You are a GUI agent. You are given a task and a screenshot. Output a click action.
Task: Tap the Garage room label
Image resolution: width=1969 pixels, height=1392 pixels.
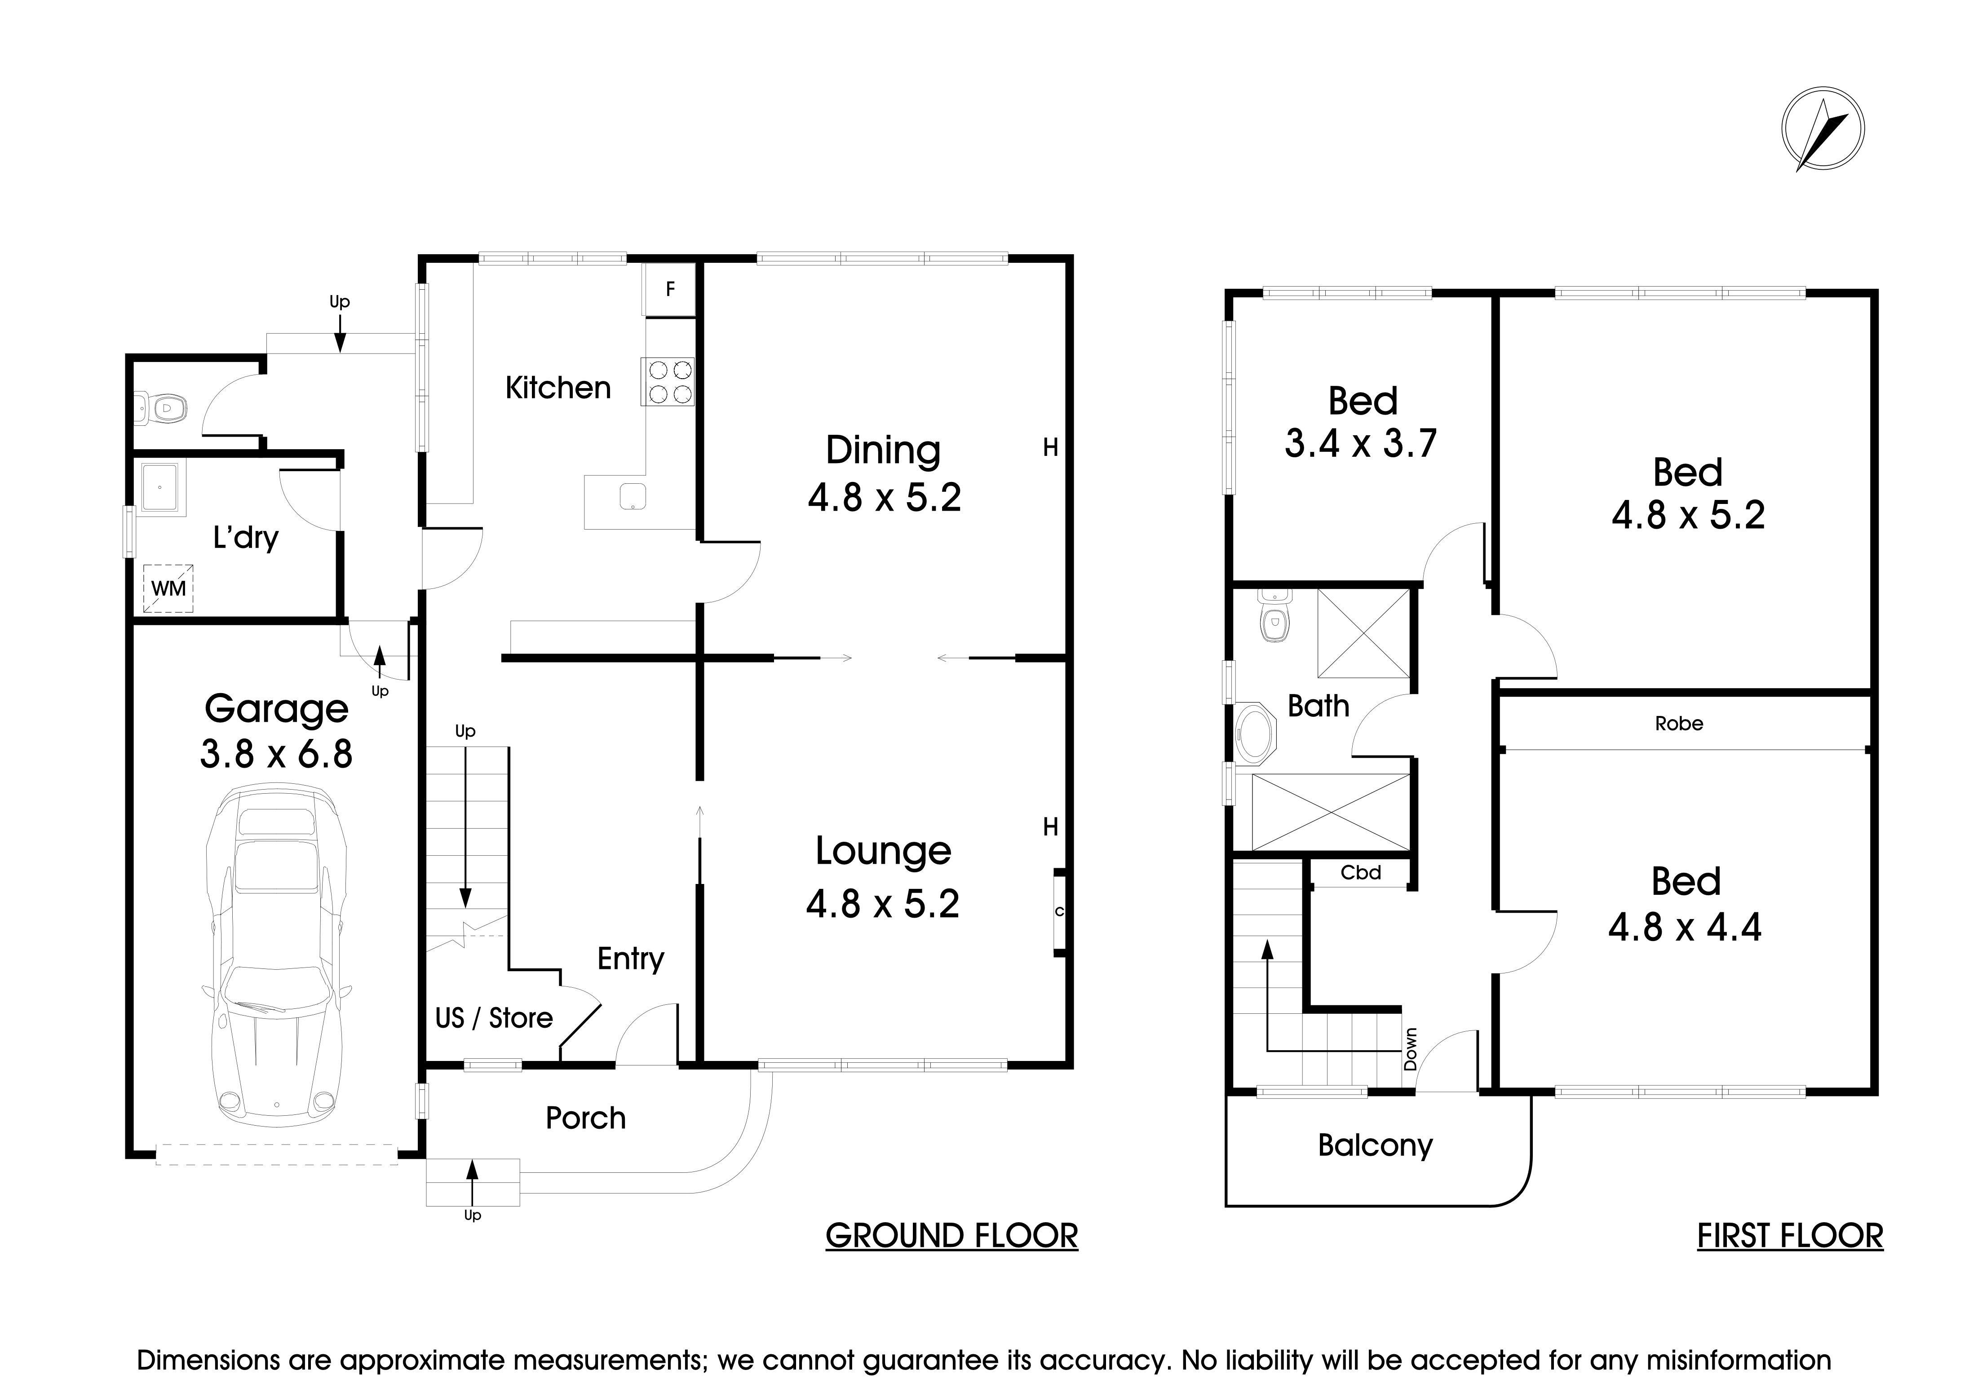276,708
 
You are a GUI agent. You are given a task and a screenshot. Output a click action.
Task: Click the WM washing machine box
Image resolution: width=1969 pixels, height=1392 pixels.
168,588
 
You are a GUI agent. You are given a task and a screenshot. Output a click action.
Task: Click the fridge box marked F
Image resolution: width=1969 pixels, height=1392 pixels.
670,289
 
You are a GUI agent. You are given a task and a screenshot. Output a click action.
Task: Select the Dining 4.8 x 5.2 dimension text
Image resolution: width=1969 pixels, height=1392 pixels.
884,497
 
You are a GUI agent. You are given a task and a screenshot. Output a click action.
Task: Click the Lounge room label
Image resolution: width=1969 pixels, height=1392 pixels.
882,851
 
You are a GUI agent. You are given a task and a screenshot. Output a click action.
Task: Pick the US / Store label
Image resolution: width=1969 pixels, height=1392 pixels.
494,1018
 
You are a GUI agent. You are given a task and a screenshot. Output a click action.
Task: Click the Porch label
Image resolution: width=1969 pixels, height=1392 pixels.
586,1118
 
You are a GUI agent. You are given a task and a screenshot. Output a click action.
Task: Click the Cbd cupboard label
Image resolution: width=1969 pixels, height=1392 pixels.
1360,872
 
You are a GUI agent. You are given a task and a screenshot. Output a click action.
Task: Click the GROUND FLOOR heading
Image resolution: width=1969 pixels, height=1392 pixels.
951,1236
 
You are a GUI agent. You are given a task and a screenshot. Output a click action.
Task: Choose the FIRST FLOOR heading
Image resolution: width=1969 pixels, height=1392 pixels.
1790,1236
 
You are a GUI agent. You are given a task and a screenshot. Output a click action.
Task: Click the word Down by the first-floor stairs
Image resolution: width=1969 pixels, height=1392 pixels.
1411,1049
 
